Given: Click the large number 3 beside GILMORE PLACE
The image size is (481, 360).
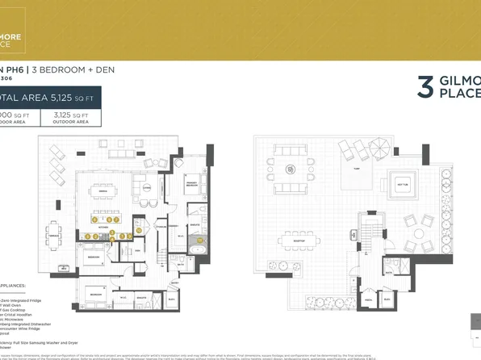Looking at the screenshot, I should tap(426, 86).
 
